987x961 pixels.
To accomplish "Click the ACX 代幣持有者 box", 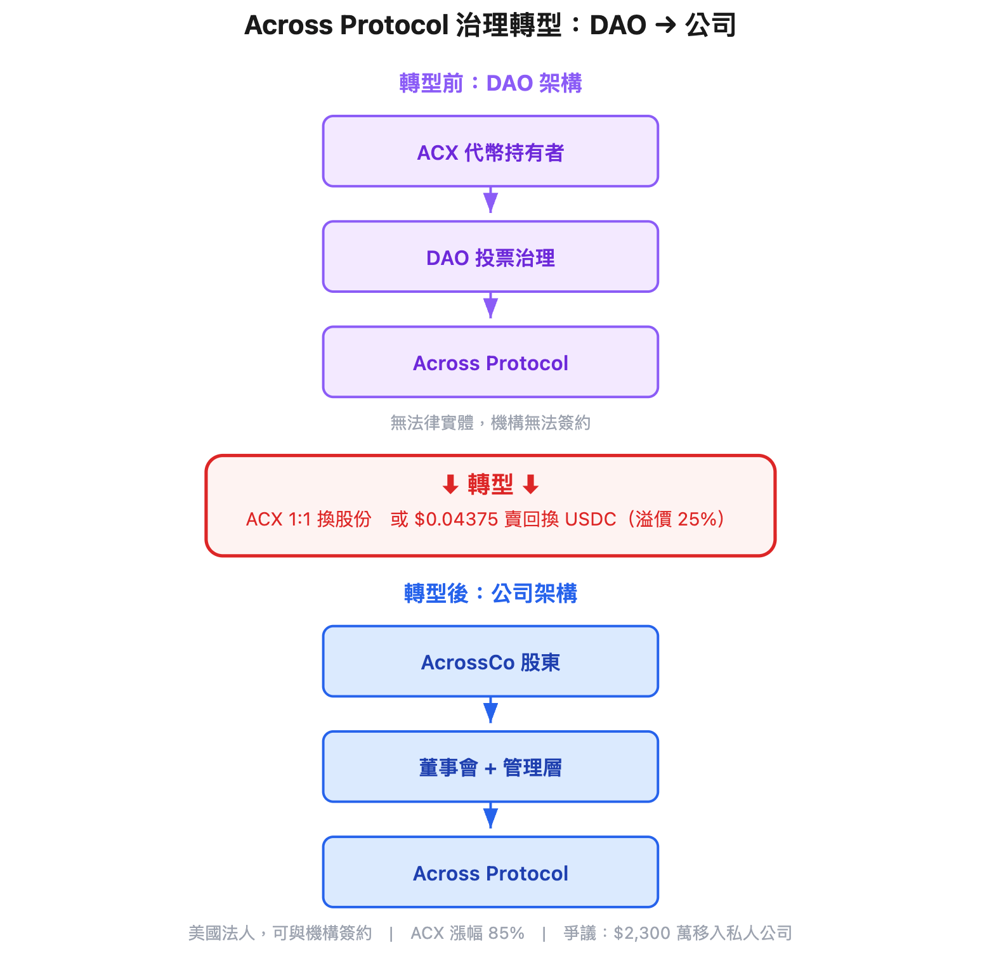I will pyautogui.click(x=490, y=152).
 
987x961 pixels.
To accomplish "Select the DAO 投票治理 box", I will pyautogui.click(x=490, y=257).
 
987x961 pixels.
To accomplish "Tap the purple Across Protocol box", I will pyautogui.click(x=490, y=362).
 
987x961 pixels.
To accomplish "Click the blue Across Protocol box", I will pyautogui.click(x=490, y=872).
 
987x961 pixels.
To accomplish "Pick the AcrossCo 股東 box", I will pyautogui.click(x=490, y=662).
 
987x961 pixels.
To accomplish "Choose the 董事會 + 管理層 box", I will pyautogui.click(x=490, y=767).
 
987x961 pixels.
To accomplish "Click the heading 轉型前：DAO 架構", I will pyautogui.click(x=490, y=83).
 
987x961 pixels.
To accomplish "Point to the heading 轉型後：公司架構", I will pyautogui.click(x=490, y=593).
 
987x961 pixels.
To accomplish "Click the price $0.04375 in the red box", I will pyautogui.click(x=456, y=519).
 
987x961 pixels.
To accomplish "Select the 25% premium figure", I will pyautogui.click(x=697, y=519).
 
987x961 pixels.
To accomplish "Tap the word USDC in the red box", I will pyautogui.click(x=590, y=519).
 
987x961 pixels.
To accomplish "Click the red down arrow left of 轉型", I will pyautogui.click(x=450, y=485).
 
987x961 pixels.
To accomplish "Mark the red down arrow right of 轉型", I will pyautogui.click(x=531, y=485).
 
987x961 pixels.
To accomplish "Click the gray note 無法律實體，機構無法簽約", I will pyautogui.click(x=490, y=423).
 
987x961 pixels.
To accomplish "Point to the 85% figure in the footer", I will pyautogui.click(x=506, y=933).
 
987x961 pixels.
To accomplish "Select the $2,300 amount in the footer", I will pyautogui.click(x=642, y=933).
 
